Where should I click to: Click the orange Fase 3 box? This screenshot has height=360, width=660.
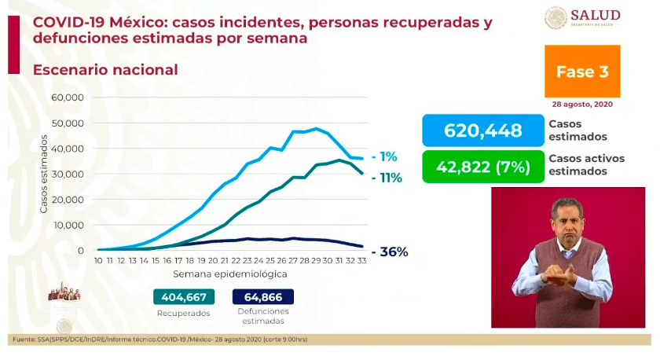click(x=582, y=72)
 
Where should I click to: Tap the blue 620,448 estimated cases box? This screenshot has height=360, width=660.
click(x=482, y=130)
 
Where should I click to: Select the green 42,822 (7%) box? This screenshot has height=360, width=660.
click(x=482, y=167)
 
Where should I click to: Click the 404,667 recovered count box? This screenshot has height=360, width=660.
click(x=183, y=297)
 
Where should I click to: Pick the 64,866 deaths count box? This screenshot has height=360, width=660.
click(x=263, y=297)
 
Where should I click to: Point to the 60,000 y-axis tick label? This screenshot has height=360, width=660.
click(x=68, y=97)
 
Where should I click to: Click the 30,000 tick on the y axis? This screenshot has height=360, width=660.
click(x=68, y=174)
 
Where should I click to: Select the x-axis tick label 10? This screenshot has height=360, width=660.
click(x=99, y=260)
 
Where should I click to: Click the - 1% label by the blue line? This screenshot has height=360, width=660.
click(x=384, y=156)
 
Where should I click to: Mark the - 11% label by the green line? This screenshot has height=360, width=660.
click(x=387, y=178)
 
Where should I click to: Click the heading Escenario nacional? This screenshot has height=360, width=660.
click(x=105, y=70)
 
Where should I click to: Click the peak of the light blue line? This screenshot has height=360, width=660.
click(x=317, y=129)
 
